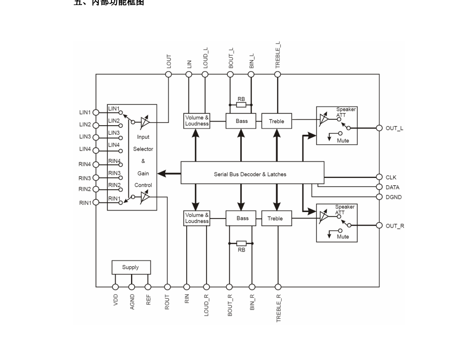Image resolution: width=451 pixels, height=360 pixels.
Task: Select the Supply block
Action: click(131, 267)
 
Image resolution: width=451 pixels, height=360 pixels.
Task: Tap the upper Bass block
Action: click(241, 121)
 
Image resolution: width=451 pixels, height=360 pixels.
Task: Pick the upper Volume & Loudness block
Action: click(197, 121)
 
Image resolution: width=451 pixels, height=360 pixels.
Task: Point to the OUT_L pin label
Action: click(394, 128)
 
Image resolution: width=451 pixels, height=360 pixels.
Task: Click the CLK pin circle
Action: click(379, 177)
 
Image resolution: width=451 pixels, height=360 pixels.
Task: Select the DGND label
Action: click(393, 197)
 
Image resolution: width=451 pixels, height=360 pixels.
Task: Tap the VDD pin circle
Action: click(116, 287)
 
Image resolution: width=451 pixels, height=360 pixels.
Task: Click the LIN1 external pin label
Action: click(85, 112)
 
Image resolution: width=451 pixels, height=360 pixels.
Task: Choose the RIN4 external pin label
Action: click(85, 164)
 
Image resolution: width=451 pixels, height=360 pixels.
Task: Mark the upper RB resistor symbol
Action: click(241, 105)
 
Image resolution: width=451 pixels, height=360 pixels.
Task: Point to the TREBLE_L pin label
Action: click(278, 55)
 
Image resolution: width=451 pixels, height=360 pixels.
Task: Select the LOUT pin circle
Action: click(168, 74)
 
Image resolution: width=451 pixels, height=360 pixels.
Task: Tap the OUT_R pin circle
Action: click(379, 226)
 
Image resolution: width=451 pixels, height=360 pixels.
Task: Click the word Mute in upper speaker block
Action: click(343, 141)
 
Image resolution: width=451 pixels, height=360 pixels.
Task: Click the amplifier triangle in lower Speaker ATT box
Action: click(324, 217)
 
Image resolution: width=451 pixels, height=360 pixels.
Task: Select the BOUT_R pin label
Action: click(230, 305)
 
